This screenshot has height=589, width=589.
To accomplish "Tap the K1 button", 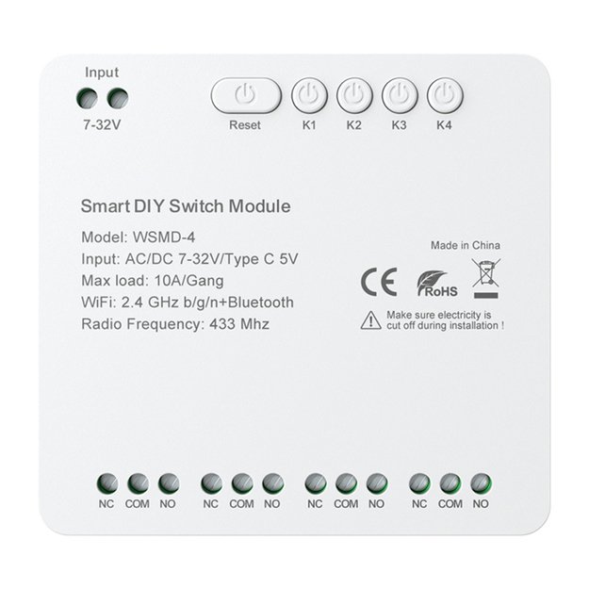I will coord(309,95).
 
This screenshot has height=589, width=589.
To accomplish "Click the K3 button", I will coord(400,95).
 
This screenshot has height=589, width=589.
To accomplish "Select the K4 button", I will coord(445,95).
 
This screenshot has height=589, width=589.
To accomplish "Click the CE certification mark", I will coord(373,282).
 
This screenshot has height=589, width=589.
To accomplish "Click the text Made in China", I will coord(466,246).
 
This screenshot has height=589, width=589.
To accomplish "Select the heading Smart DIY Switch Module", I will coord(186,206).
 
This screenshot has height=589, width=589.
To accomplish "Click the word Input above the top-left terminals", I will coord(102,72).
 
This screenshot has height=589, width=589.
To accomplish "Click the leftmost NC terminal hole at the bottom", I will coord(106,483).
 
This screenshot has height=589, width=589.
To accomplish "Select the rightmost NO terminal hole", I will coord(481,483).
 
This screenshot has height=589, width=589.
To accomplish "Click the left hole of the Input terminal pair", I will coord(89,97).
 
